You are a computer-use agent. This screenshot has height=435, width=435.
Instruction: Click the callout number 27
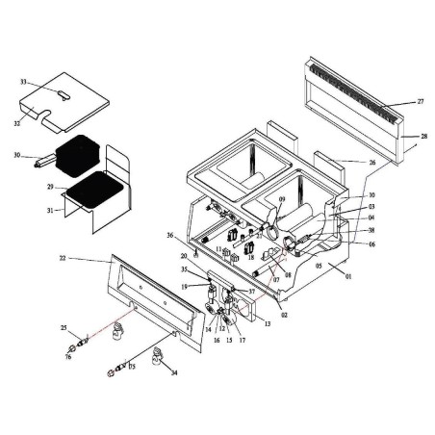click(421, 101)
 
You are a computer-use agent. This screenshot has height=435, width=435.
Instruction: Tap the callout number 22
click(63, 258)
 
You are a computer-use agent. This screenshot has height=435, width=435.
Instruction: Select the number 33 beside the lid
click(24, 83)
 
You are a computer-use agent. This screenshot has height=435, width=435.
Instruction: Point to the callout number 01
click(349, 277)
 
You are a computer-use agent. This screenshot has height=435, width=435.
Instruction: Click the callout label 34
click(174, 373)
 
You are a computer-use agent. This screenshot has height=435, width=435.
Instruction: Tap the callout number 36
click(169, 236)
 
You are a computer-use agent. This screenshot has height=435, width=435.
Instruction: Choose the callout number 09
click(282, 200)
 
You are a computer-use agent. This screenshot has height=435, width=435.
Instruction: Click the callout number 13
click(266, 325)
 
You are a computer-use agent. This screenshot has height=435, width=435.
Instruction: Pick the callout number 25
click(64, 329)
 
